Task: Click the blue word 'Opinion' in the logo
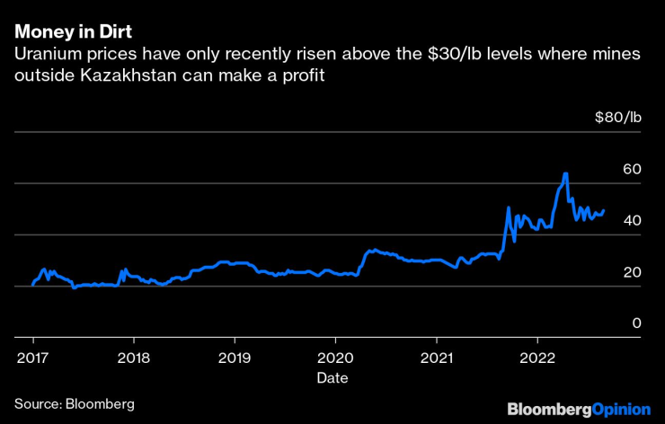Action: click(620, 409)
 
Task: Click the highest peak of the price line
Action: click(565, 173)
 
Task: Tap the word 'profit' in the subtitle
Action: click(302, 76)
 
